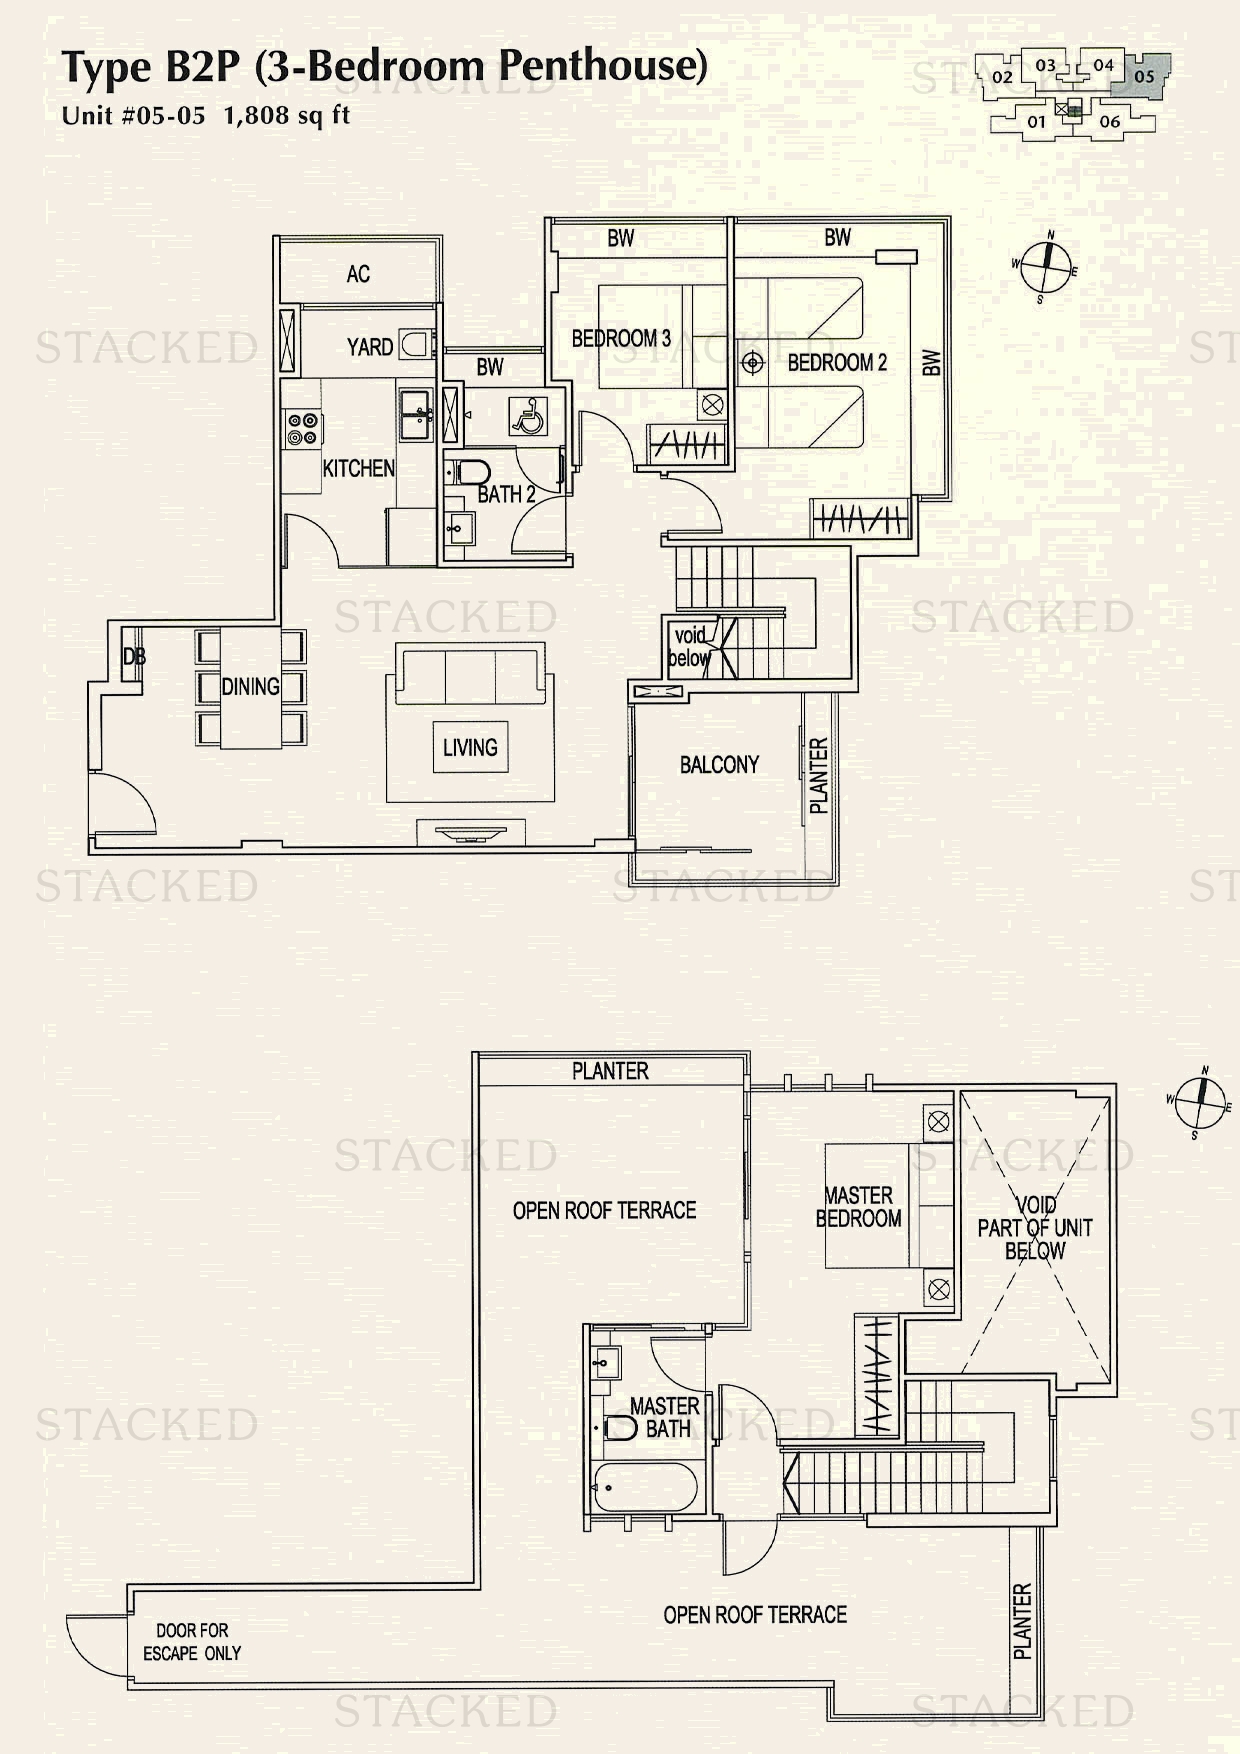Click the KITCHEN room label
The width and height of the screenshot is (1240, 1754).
pos(358,468)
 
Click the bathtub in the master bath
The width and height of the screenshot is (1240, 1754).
pos(644,1489)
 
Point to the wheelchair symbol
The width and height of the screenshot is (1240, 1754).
pos(527,415)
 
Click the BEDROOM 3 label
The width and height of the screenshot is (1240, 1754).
pos(620,339)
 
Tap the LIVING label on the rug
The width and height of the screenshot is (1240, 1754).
pos(470,747)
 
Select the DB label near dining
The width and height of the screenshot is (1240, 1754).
pos(134,657)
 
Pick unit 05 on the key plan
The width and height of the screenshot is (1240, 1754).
pos(1145,76)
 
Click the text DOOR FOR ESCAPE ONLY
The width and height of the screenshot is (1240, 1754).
pos(192,1642)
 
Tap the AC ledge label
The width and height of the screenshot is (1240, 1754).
pos(358,274)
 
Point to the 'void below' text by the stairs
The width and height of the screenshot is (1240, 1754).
pos(689,647)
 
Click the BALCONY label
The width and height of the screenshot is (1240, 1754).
pos(719,765)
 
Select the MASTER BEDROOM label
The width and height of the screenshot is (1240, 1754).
pos(858,1207)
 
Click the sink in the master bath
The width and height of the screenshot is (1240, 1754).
pos(603,1362)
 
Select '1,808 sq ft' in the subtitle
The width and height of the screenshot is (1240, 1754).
pos(287,115)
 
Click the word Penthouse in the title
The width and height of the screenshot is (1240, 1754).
pos(602,66)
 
